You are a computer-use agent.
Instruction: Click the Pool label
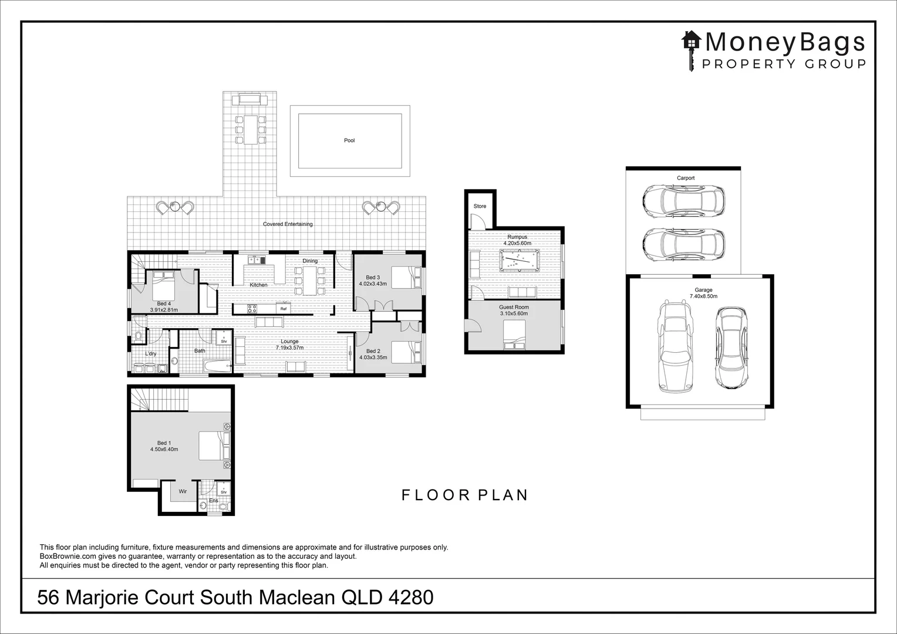349,140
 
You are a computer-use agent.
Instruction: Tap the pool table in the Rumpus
518,261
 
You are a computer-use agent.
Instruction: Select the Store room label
480,207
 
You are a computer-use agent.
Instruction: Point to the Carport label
685,178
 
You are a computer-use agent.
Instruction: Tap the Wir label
183,491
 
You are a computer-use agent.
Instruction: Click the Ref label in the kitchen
284,309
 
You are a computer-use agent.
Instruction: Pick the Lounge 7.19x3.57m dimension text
289,348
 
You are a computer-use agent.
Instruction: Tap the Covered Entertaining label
288,224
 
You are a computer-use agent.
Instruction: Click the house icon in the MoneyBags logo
692,41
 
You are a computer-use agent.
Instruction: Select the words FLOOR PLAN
465,495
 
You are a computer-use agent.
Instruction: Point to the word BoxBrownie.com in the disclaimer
65,557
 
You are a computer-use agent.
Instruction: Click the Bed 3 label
373,278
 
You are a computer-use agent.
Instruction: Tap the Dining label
310,261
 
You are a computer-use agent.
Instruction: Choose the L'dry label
151,353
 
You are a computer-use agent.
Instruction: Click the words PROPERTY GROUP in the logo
784,64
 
